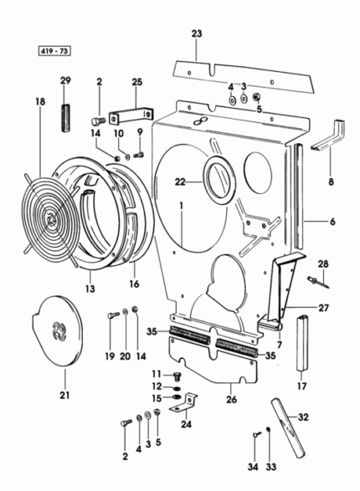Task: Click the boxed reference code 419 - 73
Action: tap(54, 51)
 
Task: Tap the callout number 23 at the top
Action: tap(197, 33)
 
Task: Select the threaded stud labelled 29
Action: tap(65, 118)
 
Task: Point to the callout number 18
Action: tap(40, 101)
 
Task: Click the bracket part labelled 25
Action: tap(131, 115)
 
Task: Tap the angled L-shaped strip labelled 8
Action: tap(329, 135)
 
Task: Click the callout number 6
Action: tap(332, 222)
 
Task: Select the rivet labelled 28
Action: tap(318, 282)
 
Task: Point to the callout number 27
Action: tap(323, 308)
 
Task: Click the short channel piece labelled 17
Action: tap(302, 343)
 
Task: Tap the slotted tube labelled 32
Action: tap(288, 427)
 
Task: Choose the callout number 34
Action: tap(253, 467)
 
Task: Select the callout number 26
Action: tap(232, 400)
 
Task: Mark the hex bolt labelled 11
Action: tap(177, 376)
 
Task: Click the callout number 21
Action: tap(64, 396)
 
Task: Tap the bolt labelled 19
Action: tap(113, 315)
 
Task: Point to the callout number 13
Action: tap(90, 289)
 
